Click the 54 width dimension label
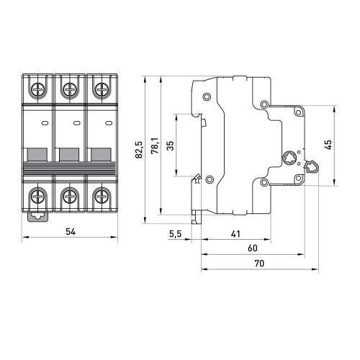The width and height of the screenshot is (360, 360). (71, 232)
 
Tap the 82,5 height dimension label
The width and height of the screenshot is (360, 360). (139, 150)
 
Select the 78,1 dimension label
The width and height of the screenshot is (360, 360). (154, 145)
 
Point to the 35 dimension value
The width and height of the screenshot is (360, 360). (170, 145)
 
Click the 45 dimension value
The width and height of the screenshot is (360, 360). (328, 145)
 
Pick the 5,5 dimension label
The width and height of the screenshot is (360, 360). (176, 234)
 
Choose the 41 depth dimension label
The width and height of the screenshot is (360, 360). (235, 234)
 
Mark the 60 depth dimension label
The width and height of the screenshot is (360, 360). (253, 248)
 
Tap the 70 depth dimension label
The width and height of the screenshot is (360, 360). (259, 264)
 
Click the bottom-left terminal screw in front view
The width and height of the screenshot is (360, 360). (37, 196)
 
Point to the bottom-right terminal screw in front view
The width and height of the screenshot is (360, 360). (102, 196)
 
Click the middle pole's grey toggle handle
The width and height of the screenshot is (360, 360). (69, 155)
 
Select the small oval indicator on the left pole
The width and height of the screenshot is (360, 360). (45, 123)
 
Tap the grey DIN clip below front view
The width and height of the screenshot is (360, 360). (38, 217)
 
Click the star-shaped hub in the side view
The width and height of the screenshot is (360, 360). (289, 158)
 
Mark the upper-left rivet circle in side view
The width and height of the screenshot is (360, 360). (207, 96)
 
